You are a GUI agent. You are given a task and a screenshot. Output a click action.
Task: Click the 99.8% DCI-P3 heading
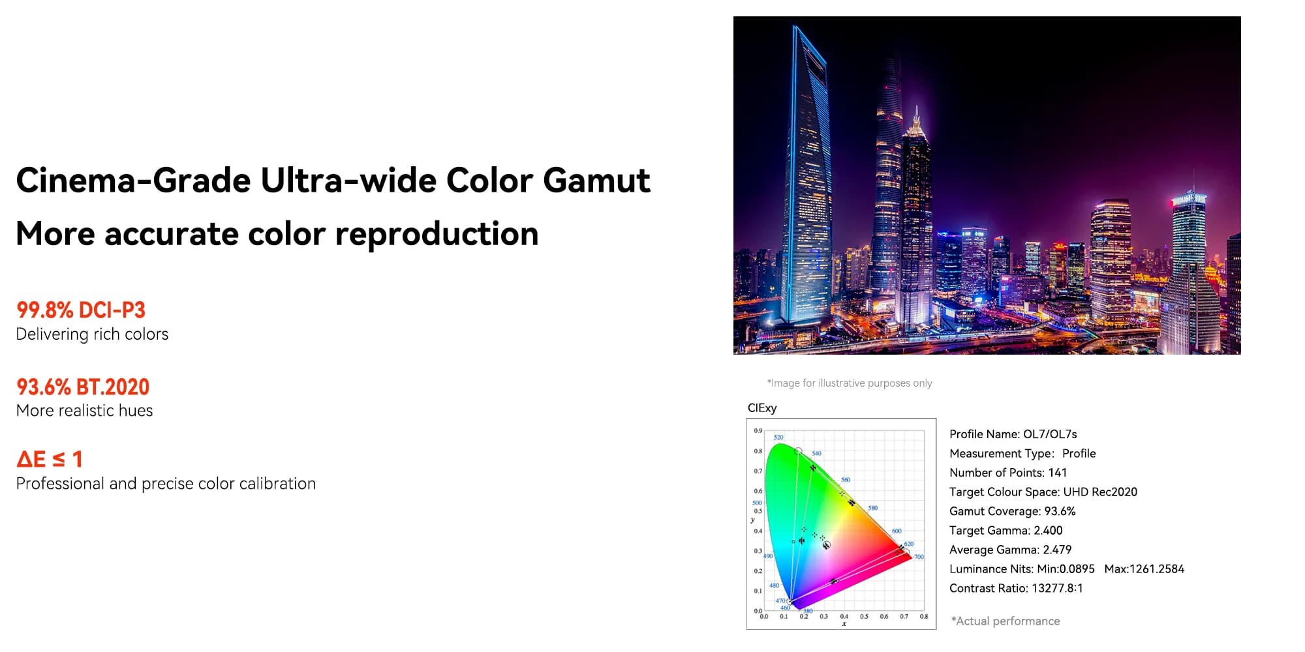tap(81, 310)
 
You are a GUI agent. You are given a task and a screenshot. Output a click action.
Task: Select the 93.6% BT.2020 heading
tap(83, 387)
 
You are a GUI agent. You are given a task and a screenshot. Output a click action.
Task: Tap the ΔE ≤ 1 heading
tap(50, 460)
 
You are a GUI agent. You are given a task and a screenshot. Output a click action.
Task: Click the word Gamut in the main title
tap(596, 181)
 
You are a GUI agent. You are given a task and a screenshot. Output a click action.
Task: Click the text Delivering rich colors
tap(92, 334)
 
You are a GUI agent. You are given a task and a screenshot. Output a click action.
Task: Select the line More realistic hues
tap(84, 411)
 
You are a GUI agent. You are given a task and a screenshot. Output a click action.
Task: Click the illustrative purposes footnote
tap(850, 383)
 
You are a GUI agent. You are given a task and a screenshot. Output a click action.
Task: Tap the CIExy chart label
tap(762, 408)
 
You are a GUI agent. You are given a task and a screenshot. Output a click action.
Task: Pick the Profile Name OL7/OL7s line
tap(1013, 434)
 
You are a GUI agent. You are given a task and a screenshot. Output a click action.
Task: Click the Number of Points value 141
tap(1057, 473)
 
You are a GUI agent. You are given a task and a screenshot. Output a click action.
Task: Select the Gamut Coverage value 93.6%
tap(1060, 511)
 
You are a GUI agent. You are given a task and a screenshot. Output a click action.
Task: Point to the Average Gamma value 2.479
tap(1057, 550)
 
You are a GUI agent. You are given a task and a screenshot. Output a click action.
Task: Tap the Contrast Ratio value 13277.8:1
tap(1057, 588)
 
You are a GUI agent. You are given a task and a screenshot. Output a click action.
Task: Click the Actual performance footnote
tap(1006, 621)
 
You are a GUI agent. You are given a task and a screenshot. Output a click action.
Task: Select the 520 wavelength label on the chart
tap(778, 437)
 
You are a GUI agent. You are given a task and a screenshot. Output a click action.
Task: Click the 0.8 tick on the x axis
tap(924, 616)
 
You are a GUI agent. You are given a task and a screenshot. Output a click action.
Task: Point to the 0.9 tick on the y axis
tap(758, 431)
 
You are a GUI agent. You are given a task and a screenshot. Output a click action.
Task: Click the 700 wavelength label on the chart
tap(919, 557)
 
